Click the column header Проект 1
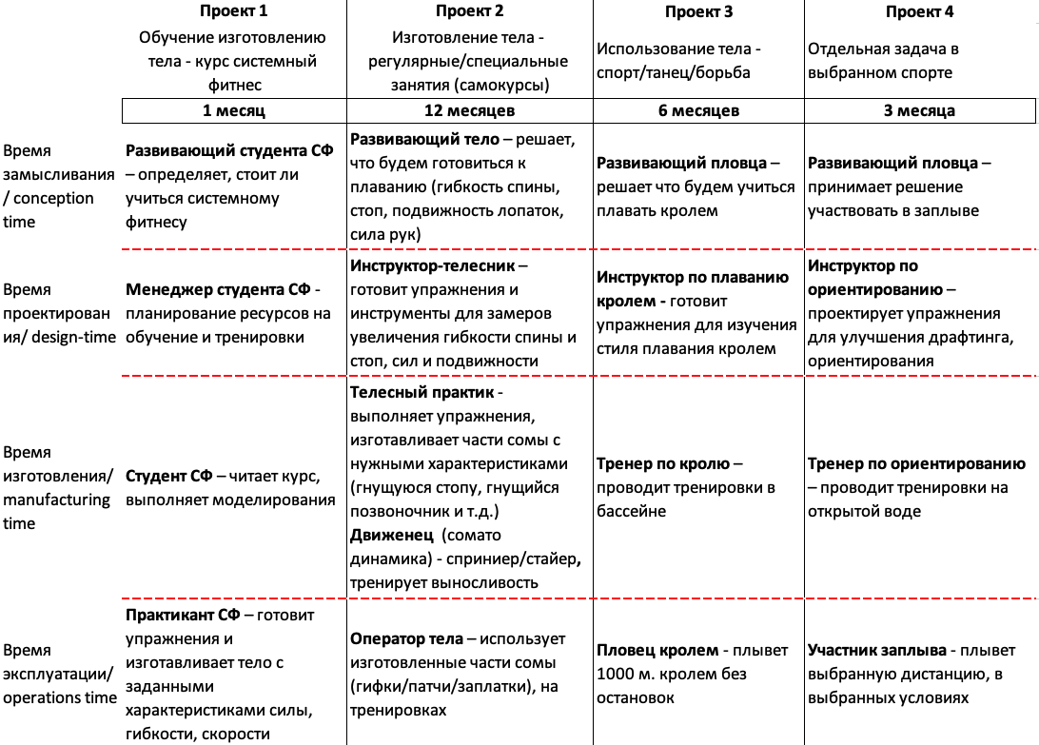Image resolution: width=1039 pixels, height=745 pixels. coord(233,12)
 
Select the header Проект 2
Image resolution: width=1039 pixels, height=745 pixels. coord(470,12)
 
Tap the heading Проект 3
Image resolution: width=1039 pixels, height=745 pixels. coord(699,13)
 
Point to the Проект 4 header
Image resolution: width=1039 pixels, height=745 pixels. coord(919,13)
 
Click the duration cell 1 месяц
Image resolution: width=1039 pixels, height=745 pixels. coord(233,110)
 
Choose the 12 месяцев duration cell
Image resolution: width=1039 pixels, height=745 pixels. coord(470,110)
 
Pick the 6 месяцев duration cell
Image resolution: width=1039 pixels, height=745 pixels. coord(699,110)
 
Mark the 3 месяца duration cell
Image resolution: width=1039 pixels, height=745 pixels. coord(919,110)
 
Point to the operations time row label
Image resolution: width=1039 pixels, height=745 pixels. coord(59,675)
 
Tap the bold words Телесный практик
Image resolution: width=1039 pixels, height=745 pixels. coord(420,392)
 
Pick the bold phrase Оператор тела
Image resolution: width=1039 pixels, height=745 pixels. coord(406,638)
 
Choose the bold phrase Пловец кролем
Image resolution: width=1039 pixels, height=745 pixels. coord(657,651)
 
